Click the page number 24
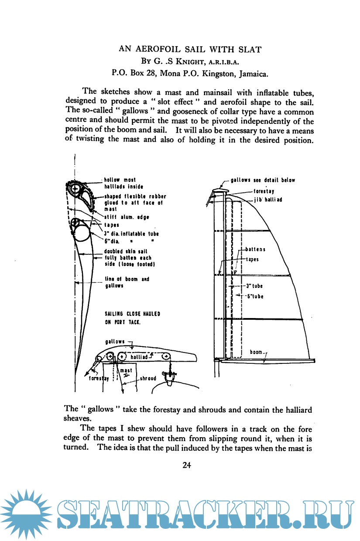pos(187,465)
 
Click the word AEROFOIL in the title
pos(159,49)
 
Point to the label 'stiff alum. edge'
pos(127,217)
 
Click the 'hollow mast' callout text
pos(120,180)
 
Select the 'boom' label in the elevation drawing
pos(257,352)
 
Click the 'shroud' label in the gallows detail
pos(148,379)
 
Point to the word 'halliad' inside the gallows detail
pos(141,357)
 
